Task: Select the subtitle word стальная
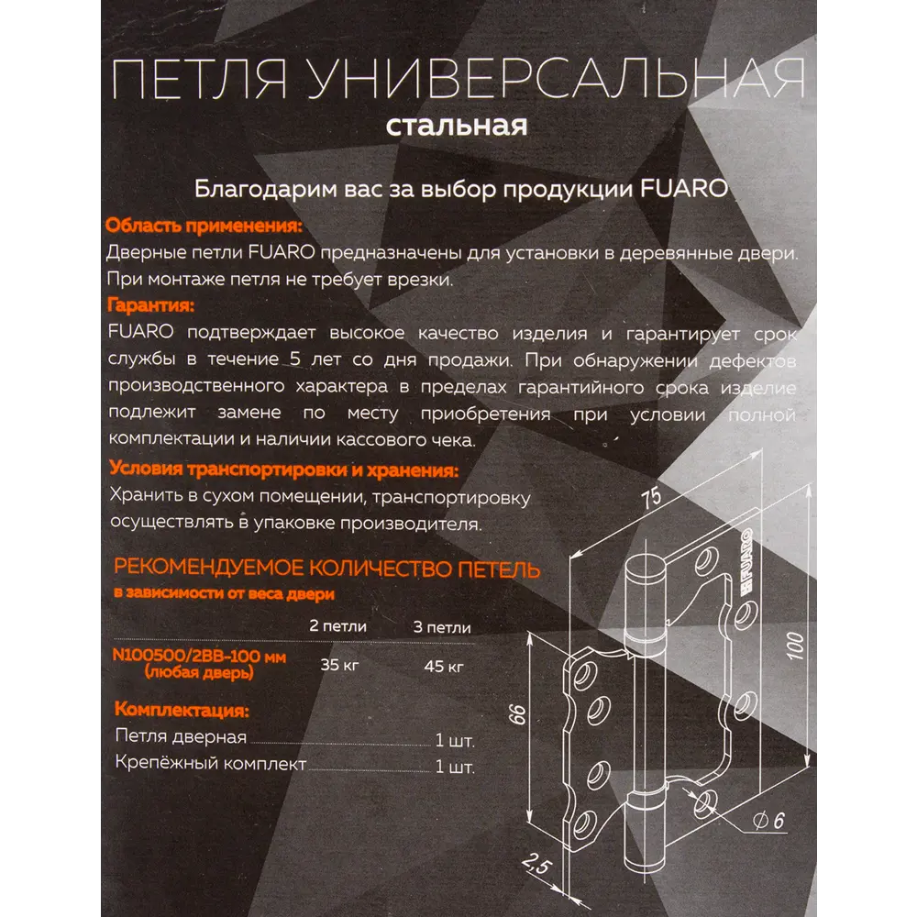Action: (x=456, y=125)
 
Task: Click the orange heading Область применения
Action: (x=203, y=226)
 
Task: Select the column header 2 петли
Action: (x=338, y=627)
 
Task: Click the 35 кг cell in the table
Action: (x=338, y=666)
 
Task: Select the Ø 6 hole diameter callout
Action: (x=770, y=821)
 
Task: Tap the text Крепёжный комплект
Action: (x=212, y=765)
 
